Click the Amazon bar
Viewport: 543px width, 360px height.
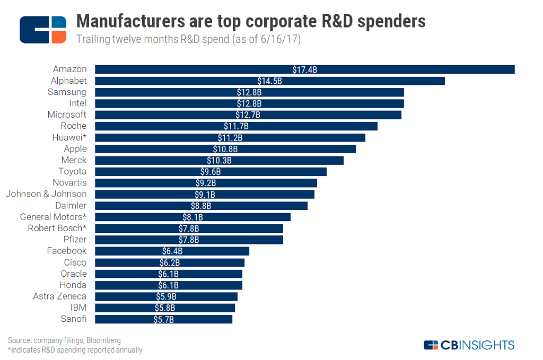pos(305,69)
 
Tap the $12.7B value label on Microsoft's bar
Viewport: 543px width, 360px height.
pos(248,115)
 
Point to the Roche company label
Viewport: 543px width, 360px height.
pos(74,126)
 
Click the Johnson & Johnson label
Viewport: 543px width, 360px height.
pos(46,194)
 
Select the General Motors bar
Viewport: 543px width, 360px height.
pos(192,217)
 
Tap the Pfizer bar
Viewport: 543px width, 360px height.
pos(189,240)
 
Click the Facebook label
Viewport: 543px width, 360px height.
pos(66,251)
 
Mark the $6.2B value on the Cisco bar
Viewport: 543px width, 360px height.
pos(170,262)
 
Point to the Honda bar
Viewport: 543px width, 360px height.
pos(169,285)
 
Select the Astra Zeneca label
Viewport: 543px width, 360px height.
pos(59,296)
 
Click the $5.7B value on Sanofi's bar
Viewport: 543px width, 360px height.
pos(163,319)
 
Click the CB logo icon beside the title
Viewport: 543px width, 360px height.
pos(43,30)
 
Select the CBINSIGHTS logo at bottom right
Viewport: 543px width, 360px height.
pos(469,345)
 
